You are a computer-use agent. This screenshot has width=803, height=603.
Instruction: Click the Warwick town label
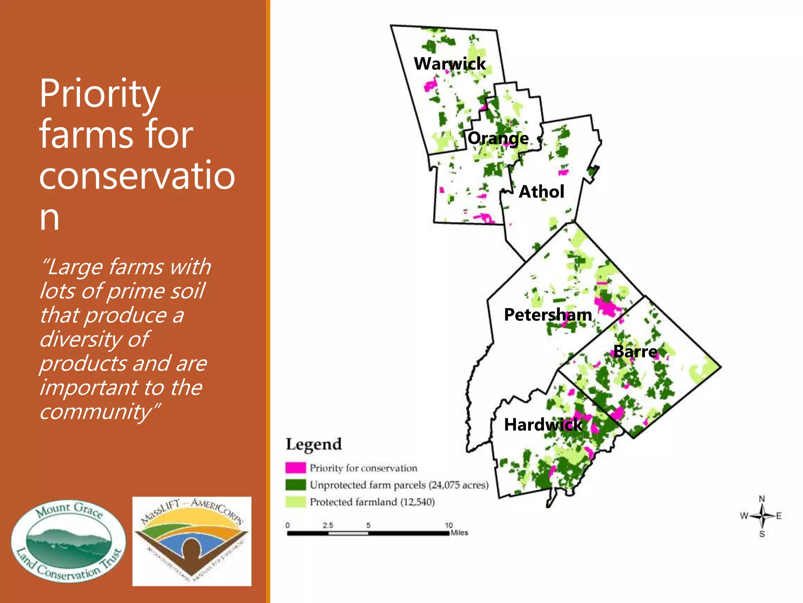pos(449,64)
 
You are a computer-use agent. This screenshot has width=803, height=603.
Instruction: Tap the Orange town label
pos(498,138)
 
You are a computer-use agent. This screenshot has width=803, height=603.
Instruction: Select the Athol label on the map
pos(541,192)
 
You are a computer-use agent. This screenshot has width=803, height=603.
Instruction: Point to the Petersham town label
pos(548,315)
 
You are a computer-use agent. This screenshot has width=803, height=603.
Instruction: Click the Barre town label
pos(635,351)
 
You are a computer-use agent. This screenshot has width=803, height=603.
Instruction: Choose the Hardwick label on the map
pos(543,425)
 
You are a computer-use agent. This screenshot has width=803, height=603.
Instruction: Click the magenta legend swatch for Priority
pos(295,468)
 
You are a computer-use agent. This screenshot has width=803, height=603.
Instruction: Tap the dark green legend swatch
pos(295,485)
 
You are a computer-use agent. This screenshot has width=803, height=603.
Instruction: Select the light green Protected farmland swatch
pos(295,502)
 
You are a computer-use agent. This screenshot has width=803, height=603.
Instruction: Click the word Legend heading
pos(314,444)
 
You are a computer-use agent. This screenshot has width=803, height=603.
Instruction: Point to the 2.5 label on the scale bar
pos(328,525)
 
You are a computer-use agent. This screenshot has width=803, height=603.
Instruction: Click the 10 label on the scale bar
pos(449,525)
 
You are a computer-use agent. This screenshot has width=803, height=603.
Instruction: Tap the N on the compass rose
pos(762,499)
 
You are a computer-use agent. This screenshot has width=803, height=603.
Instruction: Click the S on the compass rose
pos(762,534)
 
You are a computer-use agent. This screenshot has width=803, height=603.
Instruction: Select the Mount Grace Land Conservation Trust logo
pos(69,541)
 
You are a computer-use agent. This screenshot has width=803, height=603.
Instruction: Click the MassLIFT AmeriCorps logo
pos(192,541)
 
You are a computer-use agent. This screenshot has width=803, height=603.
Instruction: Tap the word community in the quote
pos(96,411)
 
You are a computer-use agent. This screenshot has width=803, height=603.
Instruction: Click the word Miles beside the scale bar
pos(460,533)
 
